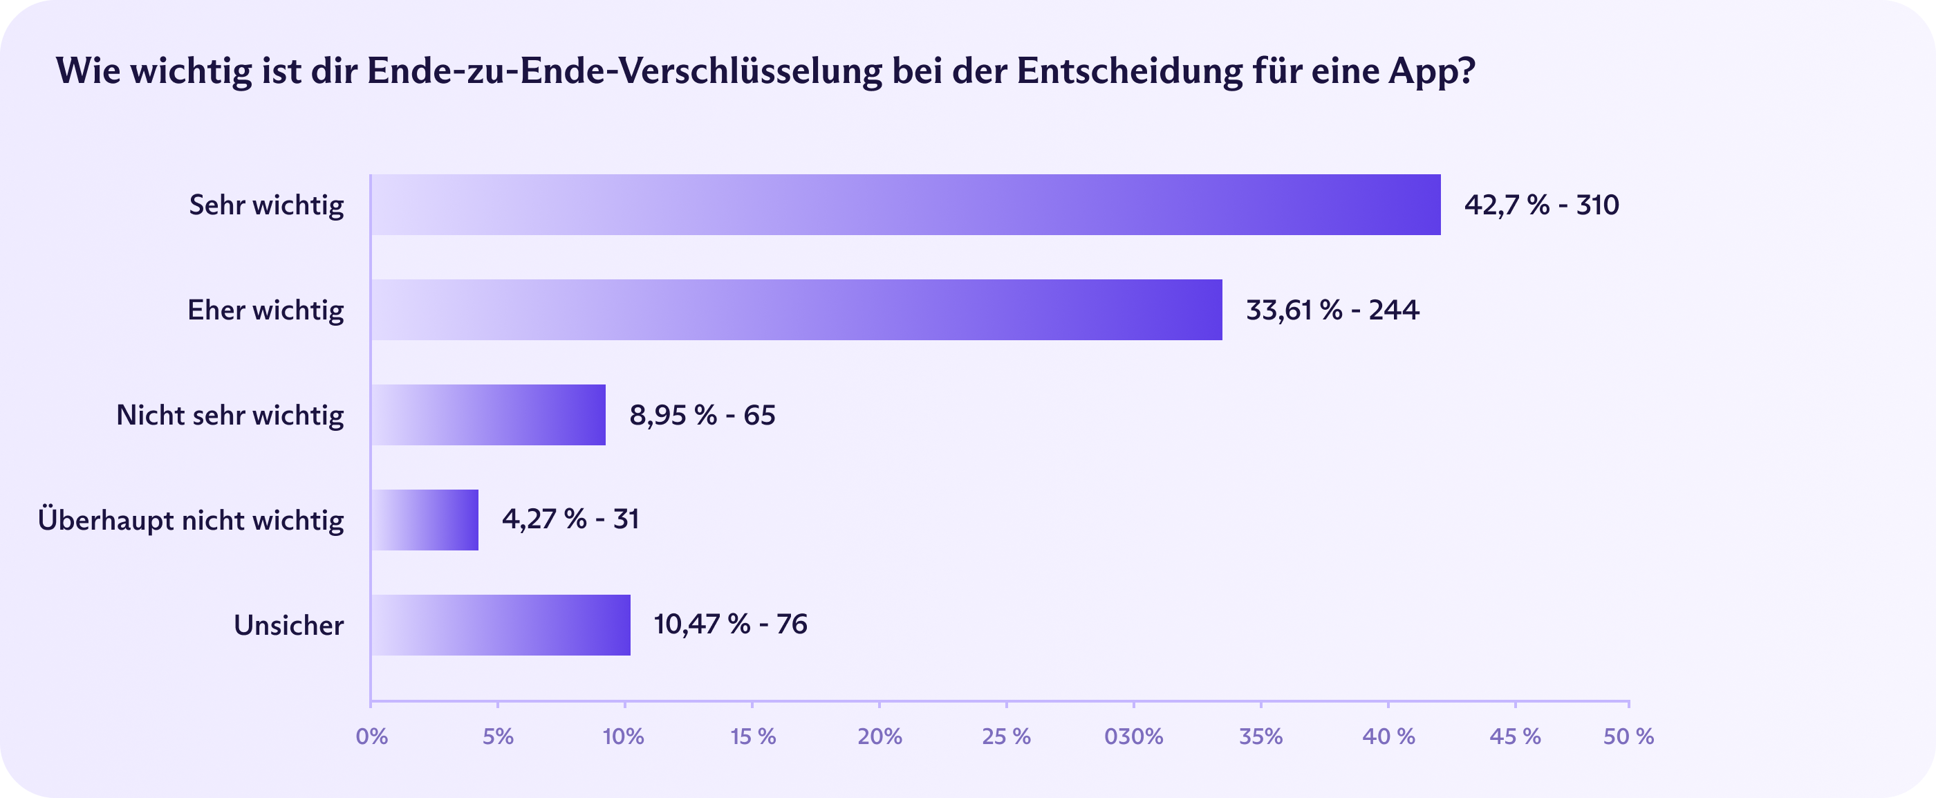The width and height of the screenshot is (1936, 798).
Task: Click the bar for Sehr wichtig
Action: pos(906,205)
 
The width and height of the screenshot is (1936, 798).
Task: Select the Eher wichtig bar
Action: pos(797,310)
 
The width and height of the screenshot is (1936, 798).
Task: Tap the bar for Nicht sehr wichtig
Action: pos(489,416)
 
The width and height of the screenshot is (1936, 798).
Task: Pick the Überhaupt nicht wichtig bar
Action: pos(425,520)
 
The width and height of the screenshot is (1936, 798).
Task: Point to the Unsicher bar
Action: pos(501,625)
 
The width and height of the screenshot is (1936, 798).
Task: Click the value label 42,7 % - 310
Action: pos(1541,205)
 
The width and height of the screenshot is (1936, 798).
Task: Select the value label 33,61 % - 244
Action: pos(1332,310)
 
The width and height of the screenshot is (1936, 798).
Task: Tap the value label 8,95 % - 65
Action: pos(702,416)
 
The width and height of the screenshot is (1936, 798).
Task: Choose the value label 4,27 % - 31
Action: pos(570,519)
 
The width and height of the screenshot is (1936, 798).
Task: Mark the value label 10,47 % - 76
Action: pos(731,624)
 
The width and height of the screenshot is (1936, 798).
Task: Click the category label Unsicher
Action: pos(288,625)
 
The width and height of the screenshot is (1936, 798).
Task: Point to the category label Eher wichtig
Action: pos(266,310)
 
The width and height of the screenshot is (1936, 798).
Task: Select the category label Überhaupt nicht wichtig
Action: pos(191,520)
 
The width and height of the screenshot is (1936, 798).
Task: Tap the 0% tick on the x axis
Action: pos(371,736)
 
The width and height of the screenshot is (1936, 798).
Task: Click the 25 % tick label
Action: pos(1006,736)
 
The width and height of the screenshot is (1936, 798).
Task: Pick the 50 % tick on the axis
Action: pos(1628,736)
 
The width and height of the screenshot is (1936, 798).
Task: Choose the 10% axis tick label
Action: pos(624,736)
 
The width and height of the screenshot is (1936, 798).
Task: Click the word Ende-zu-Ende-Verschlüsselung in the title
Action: pos(624,71)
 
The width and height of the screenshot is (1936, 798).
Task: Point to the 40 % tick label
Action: pos(1388,736)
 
